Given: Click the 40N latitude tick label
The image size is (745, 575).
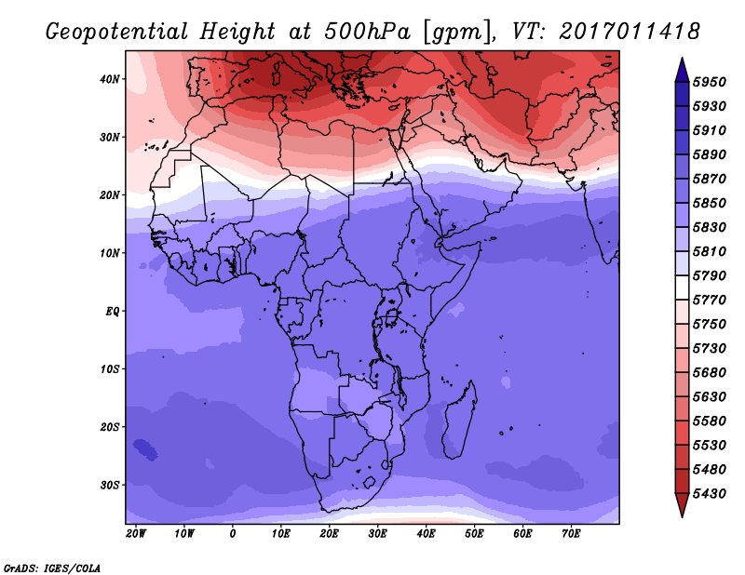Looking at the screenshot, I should click(111, 79).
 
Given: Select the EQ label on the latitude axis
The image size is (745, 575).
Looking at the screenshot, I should click(113, 311).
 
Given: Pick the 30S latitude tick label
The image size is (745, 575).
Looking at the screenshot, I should click(111, 485).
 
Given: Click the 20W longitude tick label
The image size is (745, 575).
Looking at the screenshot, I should click(136, 533).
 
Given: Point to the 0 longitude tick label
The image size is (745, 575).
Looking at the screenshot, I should click(233, 533).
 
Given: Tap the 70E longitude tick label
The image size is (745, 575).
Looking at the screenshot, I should click(572, 533).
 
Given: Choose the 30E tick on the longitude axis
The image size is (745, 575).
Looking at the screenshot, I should click(378, 533).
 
